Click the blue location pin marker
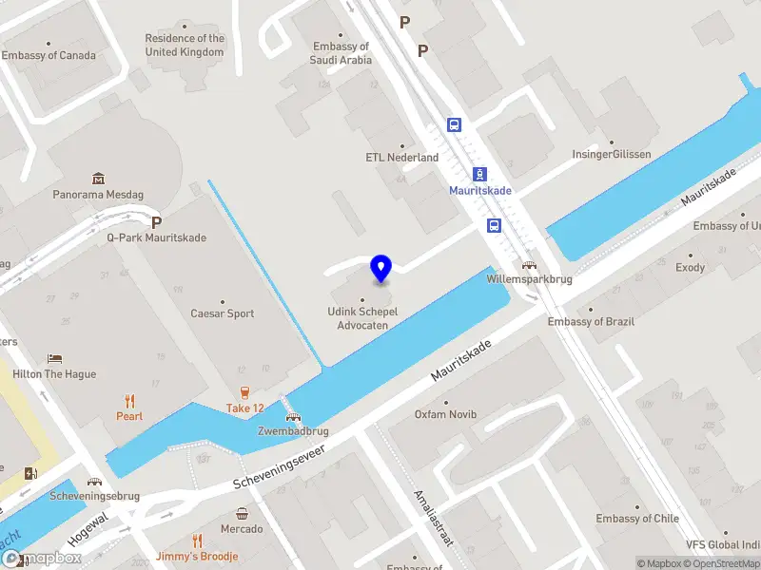click(380, 269)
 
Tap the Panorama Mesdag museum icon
click(99, 179)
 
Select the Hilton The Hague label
click(54, 374)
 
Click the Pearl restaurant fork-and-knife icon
click(129, 401)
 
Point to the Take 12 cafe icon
click(244, 393)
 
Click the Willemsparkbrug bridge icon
click(527, 266)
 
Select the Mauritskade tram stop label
click(480, 190)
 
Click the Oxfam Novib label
click(444, 414)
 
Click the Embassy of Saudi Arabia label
click(340, 53)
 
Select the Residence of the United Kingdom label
click(185, 46)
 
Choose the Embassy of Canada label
click(49, 55)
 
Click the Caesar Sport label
click(223, 313)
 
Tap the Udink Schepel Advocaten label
click(362, 318)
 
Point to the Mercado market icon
click(243, 514)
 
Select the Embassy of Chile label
click(637, 519)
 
